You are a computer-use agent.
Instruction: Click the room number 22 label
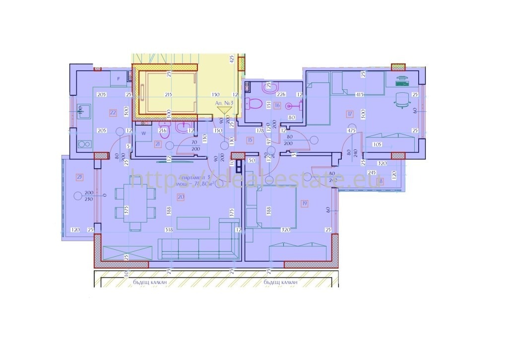point(113,113)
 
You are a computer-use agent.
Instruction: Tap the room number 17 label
point(350,114)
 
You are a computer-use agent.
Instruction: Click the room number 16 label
point(277,105)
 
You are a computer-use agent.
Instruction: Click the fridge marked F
point(119,79)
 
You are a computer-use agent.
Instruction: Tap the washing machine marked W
point(143,134)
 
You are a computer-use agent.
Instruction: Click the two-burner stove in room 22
point(83,145)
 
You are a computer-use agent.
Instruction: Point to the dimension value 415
point(360,94)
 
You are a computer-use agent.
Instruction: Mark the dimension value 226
point(281,94)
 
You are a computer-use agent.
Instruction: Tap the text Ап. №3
point(224,102)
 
